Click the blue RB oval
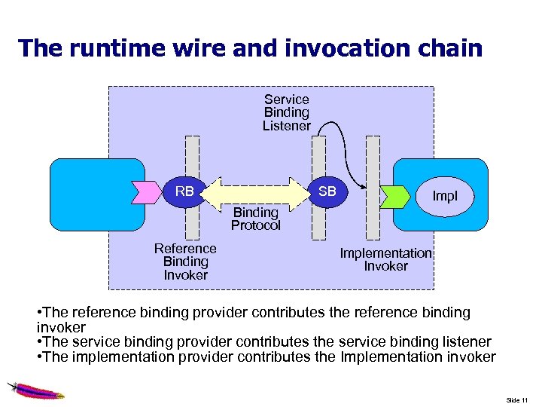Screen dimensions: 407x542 pos(184,192)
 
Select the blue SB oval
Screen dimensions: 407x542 pos(327,192)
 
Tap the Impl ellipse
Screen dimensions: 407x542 pos(444,197)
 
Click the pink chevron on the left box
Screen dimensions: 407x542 pos(141,192)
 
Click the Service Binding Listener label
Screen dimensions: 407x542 pos(286,112)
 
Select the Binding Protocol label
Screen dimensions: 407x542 pos(255,219)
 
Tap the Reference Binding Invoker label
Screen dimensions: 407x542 pos(185,262)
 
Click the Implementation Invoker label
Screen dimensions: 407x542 pos(385,259)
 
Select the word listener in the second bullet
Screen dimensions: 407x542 pos(462,342)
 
